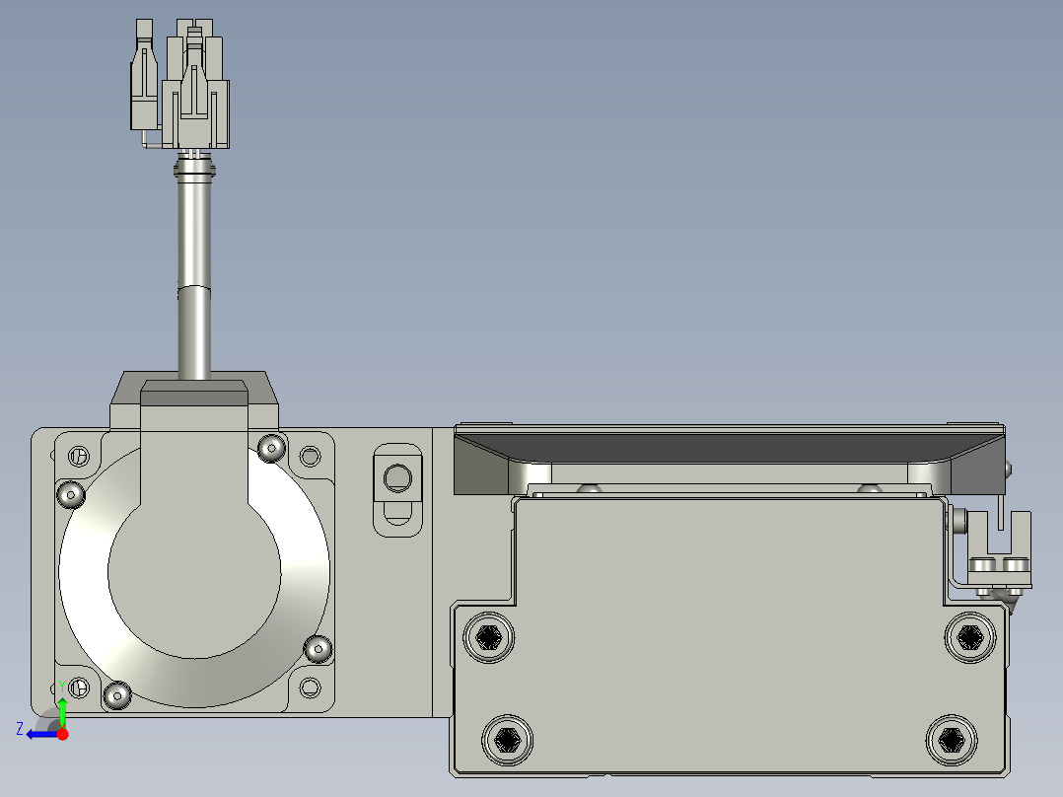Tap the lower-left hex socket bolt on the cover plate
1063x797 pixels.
(508, 739)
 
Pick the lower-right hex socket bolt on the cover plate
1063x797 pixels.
(951, 739)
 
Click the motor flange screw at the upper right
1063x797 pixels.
(271, 448)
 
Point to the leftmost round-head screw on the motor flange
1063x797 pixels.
(69, 494)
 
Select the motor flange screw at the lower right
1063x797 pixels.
(317, 648)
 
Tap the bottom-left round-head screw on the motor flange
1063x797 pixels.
(116, 695)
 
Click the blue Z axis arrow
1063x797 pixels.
(39, 734)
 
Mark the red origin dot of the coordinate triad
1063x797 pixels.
(62, 734)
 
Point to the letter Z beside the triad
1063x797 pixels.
(20, 729)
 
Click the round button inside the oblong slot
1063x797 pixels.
(398, 478)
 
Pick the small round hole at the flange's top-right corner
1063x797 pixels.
(310, 456)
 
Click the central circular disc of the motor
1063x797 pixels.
(194, 572)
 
